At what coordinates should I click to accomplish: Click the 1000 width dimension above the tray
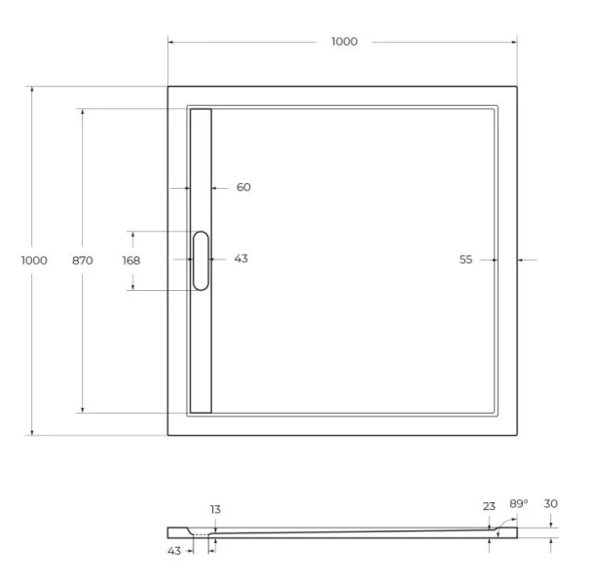click(344, 41)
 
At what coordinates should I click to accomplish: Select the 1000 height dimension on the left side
click(34, 260)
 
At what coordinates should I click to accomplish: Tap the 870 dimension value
click(83, 260)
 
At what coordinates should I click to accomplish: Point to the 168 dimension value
click(130, 260)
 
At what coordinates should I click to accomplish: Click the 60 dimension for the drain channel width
click(243, 187)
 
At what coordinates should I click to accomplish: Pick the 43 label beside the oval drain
click(241, 258)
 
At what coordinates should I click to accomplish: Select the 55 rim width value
click(465, 259)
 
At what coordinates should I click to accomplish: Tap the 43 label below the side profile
click(174, 552)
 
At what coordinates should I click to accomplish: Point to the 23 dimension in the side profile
click(489, 505)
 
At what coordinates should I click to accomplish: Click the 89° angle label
click(519, 503)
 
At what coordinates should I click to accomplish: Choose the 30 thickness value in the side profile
click(551, 503)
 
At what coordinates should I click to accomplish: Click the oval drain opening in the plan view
click(201, 260)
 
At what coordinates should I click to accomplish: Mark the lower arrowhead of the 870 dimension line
click(83, 410)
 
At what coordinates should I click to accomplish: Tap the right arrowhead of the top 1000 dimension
click(513, 42)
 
